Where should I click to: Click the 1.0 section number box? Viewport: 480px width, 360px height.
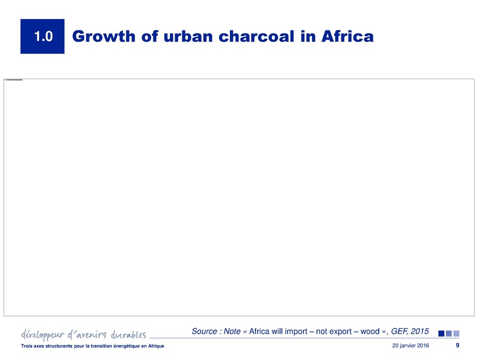[42, 37]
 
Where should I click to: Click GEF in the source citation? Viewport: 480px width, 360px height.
[400, 331]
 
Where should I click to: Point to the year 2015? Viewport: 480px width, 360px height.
[420, 331]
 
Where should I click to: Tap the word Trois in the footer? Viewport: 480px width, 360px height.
[26, 346]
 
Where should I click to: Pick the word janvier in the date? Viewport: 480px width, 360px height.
[407, 346]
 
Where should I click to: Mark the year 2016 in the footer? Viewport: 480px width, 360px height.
[422, 346]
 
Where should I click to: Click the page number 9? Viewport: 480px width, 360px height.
[458, 346]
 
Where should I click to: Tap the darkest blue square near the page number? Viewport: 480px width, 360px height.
[442, 333]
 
